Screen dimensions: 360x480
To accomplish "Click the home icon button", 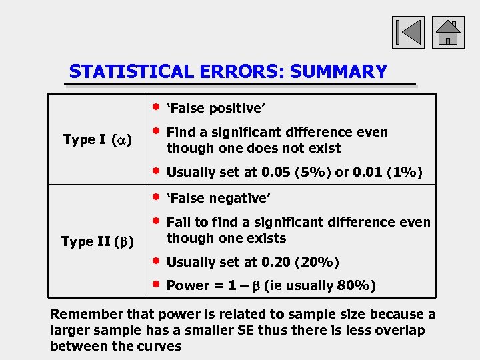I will point(448,32).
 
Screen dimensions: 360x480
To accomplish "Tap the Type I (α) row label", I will point(97,139).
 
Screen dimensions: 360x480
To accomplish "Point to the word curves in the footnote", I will point(159,346).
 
